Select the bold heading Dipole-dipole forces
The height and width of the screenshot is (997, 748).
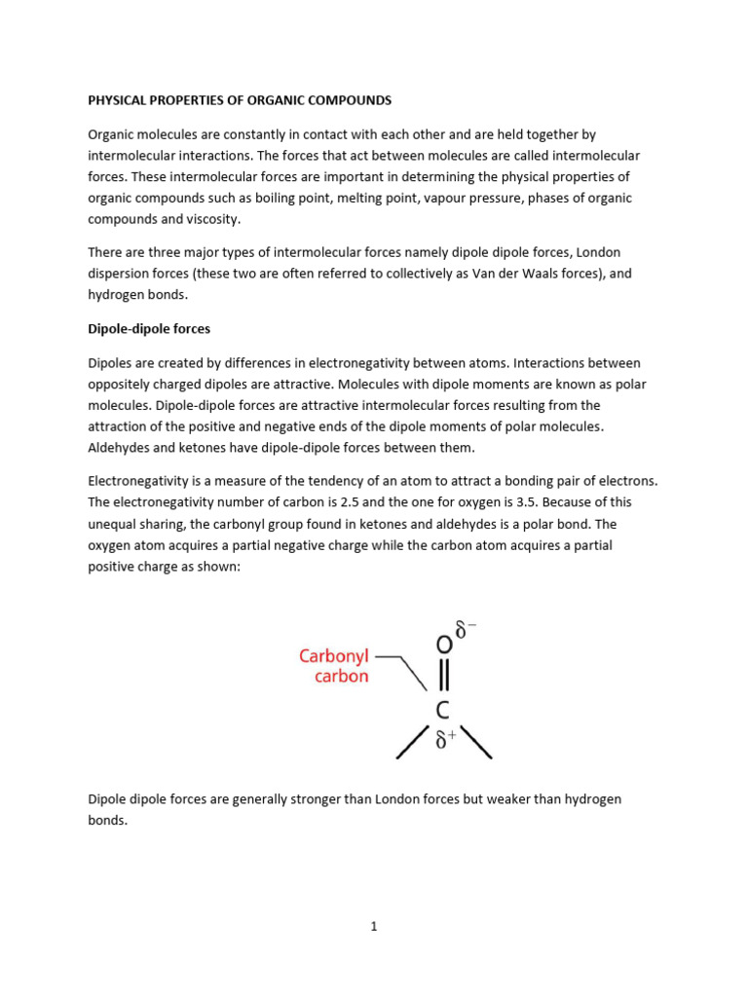click(149, 329)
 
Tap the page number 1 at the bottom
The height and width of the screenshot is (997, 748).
click(373, 926)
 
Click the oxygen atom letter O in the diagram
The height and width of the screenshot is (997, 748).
click(443, 646)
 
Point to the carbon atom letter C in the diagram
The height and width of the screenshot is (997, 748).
click(443, 712)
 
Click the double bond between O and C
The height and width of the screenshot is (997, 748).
click(443, 679)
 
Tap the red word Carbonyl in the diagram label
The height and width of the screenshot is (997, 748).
click(333, 656)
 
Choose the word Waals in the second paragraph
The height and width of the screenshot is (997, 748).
click(525, 274)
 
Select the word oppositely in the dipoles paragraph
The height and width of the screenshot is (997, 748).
click(121, 384)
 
